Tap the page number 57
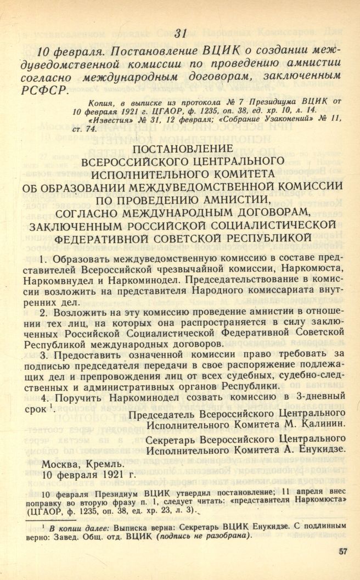[x=343, y=551]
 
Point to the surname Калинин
[x=322, y=424]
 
